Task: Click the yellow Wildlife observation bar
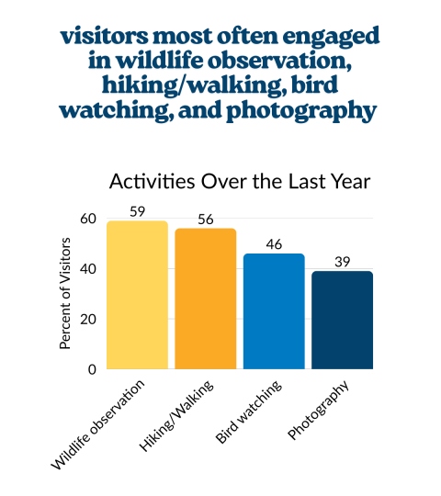(x=137, y=295)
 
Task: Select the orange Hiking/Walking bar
(x=206, y=299)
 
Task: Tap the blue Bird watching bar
(x=274, y=311)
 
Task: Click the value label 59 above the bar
(x=137, y=211)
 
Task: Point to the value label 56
(x=206, y=219)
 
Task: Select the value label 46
(x=274, y=244)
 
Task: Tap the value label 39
(x=342, y=262)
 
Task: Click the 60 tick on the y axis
(x=87, y=219)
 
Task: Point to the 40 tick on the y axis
(x=87, y=269)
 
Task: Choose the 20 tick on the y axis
(x=87, y=320)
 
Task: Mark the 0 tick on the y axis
(x=92, y=369)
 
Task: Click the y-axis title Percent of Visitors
(x=65, y=295)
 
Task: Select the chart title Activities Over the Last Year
(x=239, y=181)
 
